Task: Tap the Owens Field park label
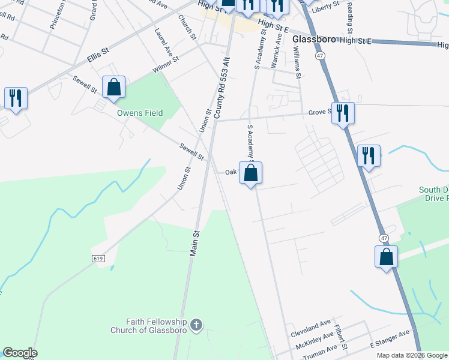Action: [x=140, y=113]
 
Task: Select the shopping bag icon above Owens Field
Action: [x=113, y=87]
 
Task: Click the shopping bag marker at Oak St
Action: [x=251, y=173]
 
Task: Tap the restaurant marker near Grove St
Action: [x=343, y=113]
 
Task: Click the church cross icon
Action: [x=195, y=326]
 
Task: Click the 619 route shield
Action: [x=100, y=258]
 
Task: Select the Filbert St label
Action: [x=344, y=338]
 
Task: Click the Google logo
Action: [x=20, y=353]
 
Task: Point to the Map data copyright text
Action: [x=412, y=355]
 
